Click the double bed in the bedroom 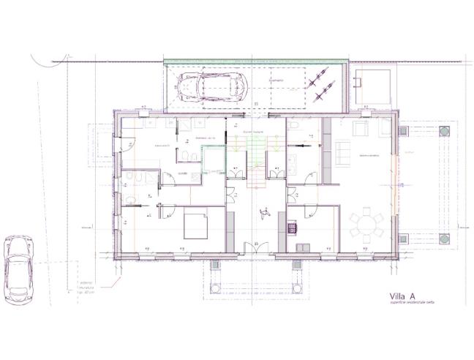click(x=195, y=224)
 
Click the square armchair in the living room click(x=361, y=130)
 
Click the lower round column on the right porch click(x=445, y=239)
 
